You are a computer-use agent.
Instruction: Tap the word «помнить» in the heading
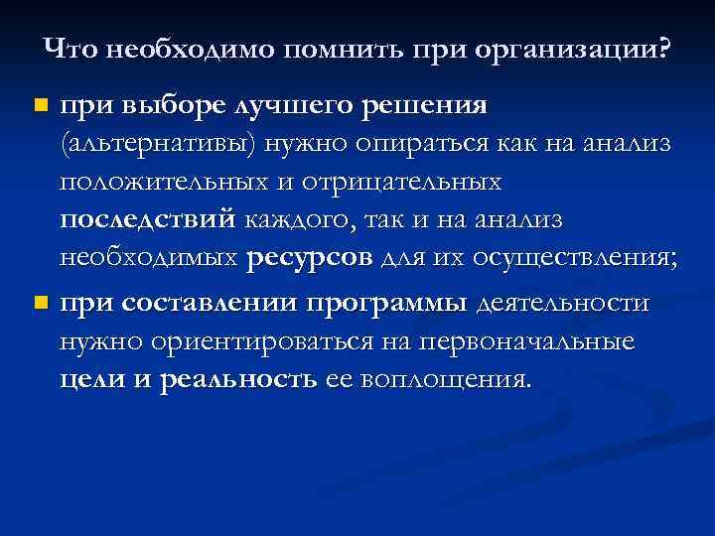[x=336, y=48]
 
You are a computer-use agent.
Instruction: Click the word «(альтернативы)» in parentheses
[x=159, y=144]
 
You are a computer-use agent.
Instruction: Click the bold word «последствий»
[x=148, y=221]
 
